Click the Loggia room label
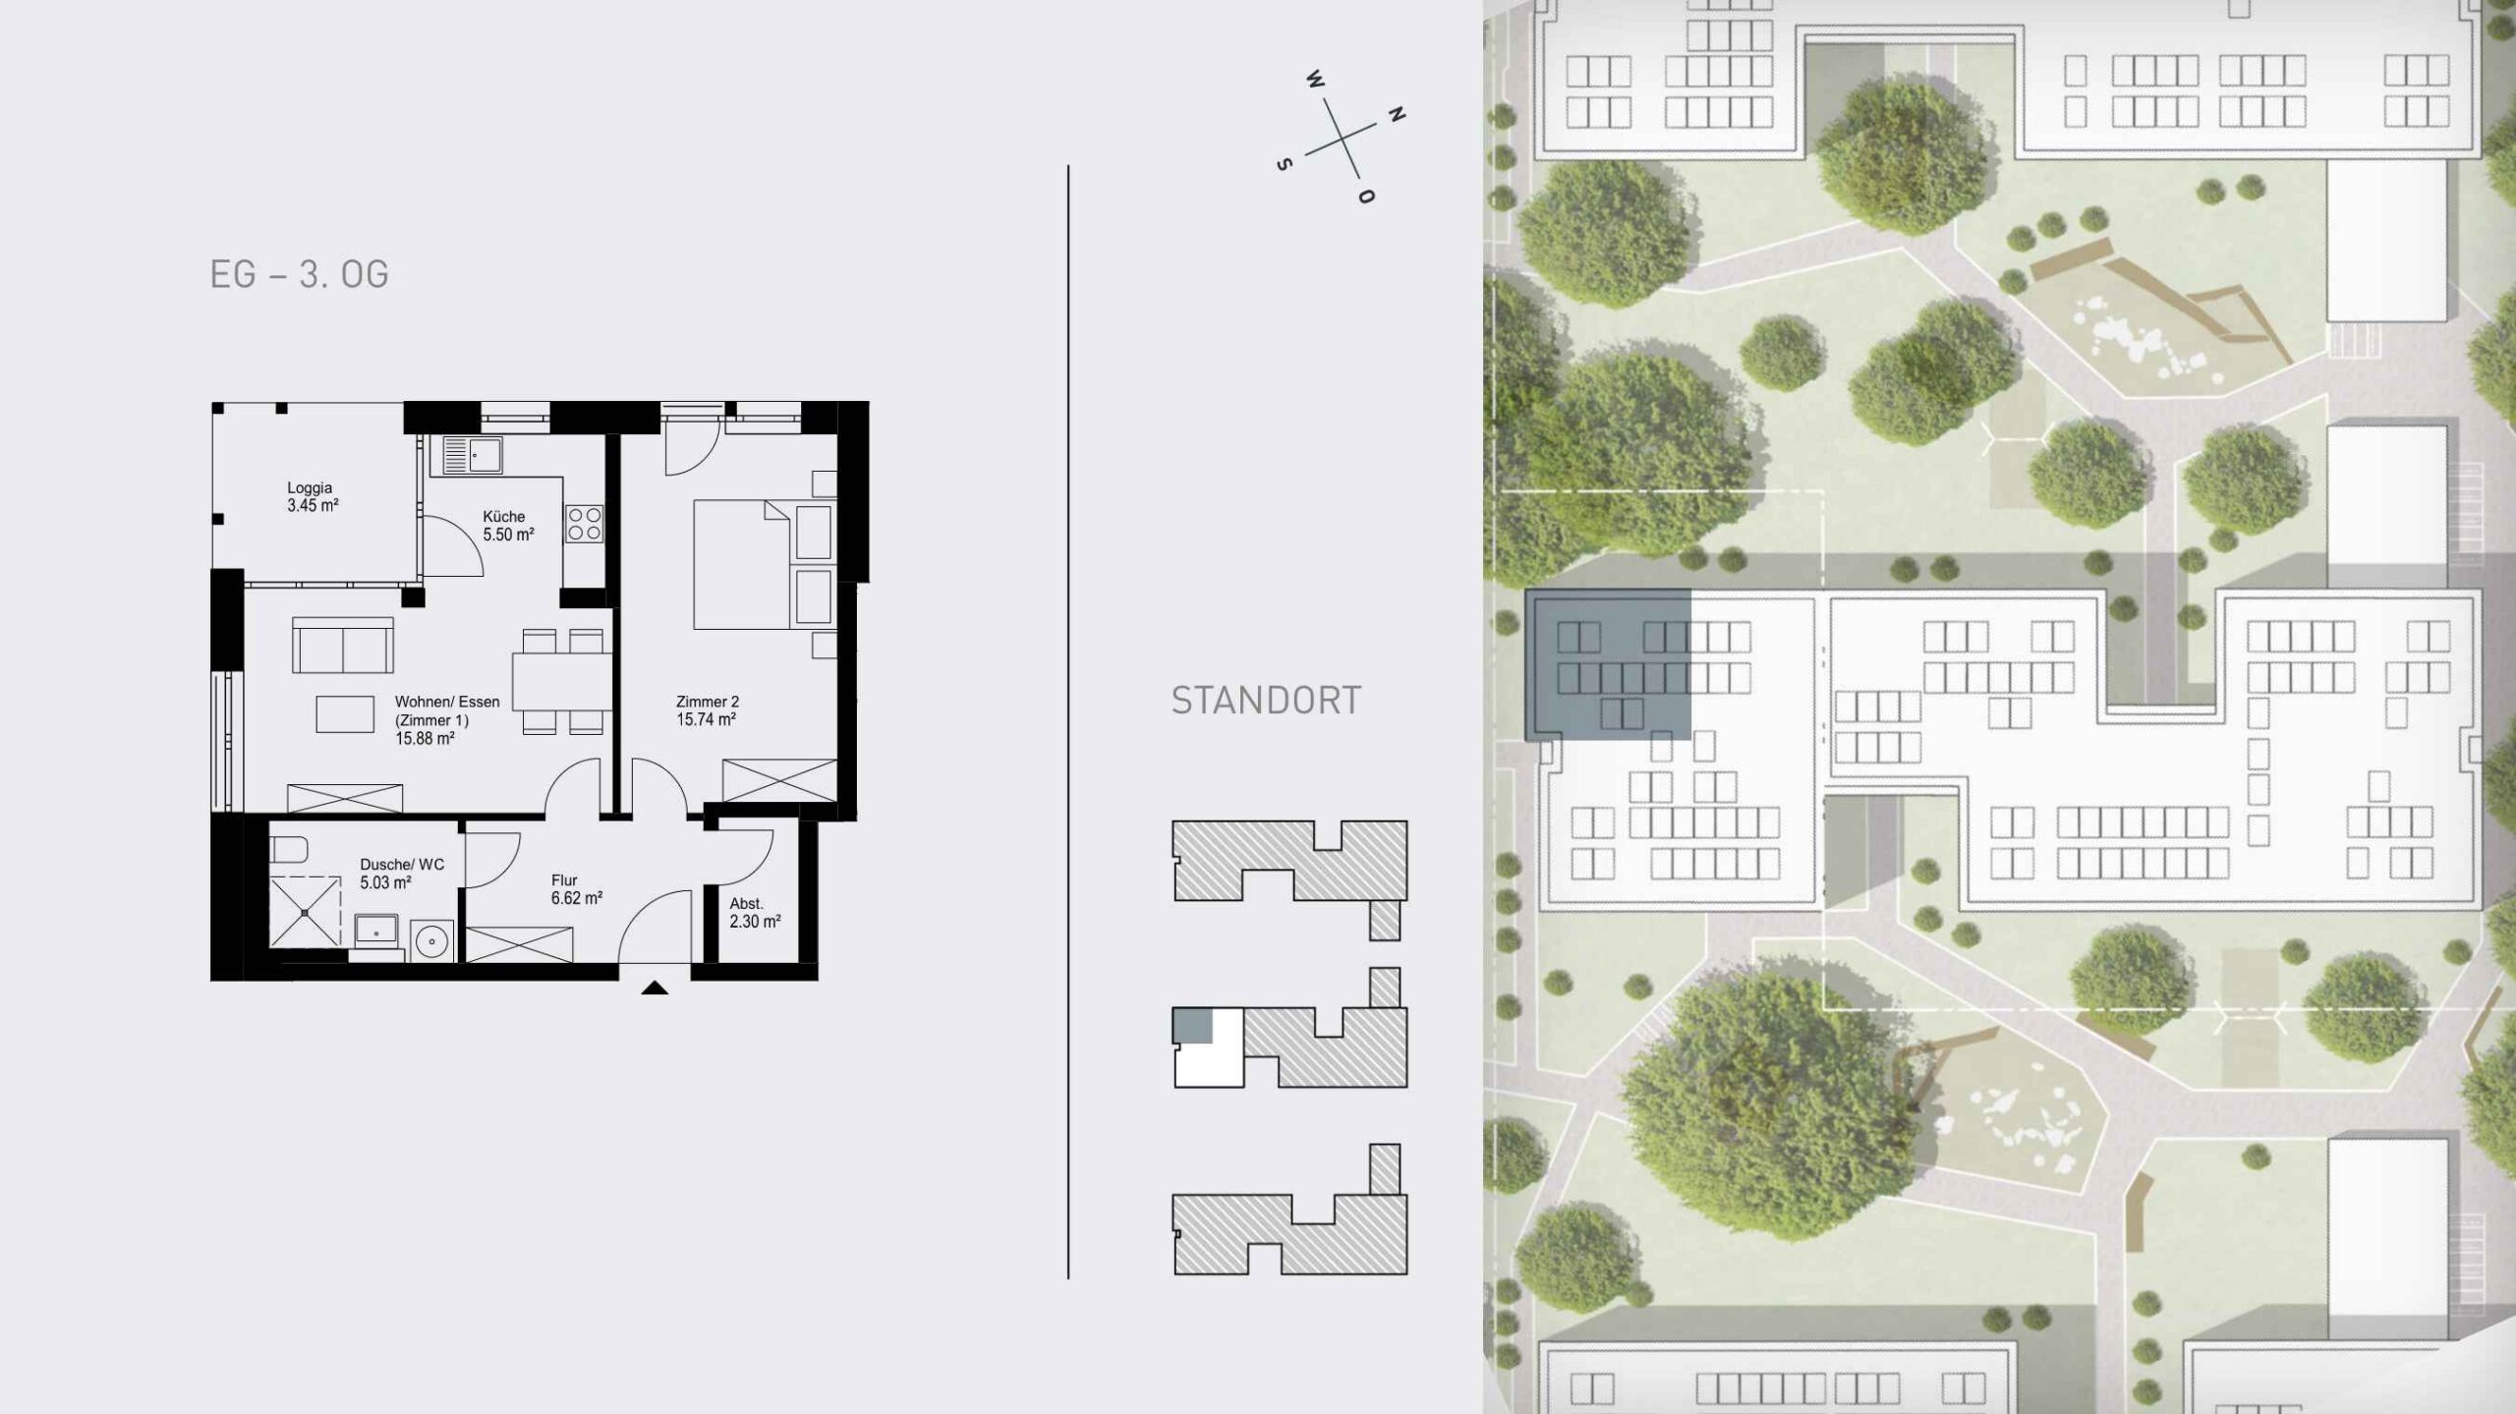310,487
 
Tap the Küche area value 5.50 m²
508,536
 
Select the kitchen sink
472,456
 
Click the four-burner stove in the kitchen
584,524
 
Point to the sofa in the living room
343,645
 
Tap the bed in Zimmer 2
742,564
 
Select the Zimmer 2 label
707,702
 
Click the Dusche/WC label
402,865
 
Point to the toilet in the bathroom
289,849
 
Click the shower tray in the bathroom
305,913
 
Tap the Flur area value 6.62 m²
577,898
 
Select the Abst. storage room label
746,904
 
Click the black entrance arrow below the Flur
655,988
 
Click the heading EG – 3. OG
300,274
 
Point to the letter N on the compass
1396,115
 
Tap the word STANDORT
1266,701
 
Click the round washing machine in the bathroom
432,940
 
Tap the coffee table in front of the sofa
345,713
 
